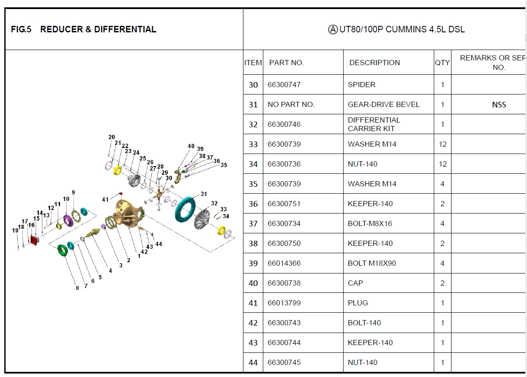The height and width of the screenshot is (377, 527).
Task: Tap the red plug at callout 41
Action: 120,194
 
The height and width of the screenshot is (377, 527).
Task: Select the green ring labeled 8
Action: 63,251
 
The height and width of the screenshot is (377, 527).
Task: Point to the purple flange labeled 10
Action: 68,220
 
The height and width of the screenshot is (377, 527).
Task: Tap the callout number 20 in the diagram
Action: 112,137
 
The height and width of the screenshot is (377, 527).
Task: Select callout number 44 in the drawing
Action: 159,244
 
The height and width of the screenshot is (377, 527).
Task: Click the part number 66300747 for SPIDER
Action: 284,85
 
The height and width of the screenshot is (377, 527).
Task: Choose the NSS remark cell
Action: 499,104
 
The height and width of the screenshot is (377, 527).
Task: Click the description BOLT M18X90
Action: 372,263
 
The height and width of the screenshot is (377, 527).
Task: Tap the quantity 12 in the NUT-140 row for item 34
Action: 442,164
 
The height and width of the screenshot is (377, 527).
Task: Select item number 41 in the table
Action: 253,303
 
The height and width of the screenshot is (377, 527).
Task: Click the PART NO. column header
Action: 287,63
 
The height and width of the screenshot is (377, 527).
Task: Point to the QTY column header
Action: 442,63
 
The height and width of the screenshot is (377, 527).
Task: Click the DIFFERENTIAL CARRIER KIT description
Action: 374,124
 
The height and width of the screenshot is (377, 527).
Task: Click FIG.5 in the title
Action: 21,29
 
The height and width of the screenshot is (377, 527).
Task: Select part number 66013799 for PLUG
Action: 284,303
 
